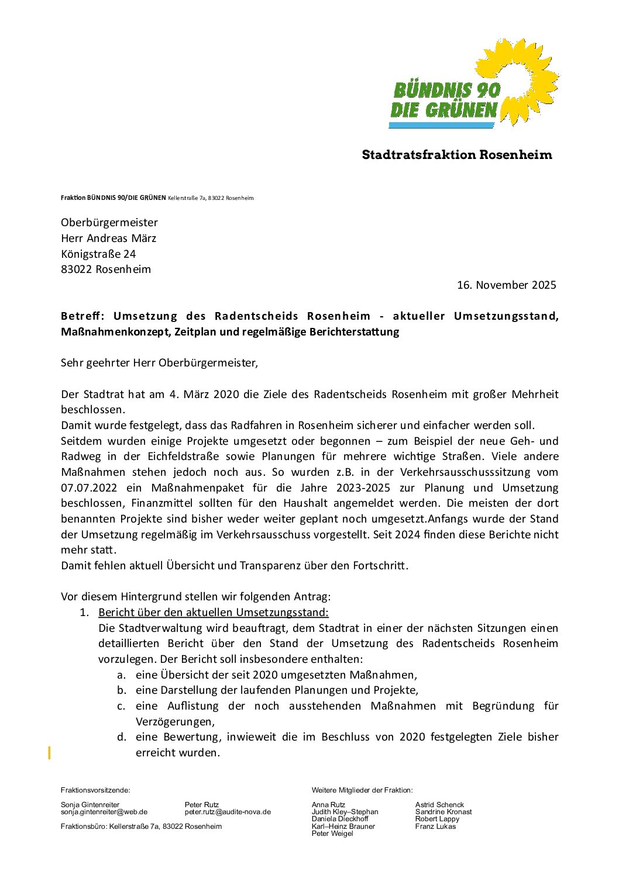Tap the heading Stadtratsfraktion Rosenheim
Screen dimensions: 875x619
click(x=456, y=155)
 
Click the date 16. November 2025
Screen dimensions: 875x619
click(x=506, y=285)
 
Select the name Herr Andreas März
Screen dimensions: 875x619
click(x=108, y=238)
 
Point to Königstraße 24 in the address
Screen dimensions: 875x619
click(x=98, y=254)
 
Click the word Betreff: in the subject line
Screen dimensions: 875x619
click(x=82, y=316)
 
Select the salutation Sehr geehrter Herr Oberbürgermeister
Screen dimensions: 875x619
click(x=159, y=363)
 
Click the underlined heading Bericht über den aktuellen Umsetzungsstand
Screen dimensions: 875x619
click(x=214, y=613)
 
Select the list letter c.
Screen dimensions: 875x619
click(x=121, y=706)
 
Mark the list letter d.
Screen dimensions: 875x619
click(x=121, y=737)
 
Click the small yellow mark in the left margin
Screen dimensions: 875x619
click(x=49, y=752)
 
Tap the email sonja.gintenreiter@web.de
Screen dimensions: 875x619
click(x=104, y=812)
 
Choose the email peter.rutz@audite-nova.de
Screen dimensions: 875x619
click(x=228, y=812)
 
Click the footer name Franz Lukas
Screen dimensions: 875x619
click(x=435, y=826)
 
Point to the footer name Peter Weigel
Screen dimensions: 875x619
click(x=332, y=834)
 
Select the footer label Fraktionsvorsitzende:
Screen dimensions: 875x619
click(x=95, y=790)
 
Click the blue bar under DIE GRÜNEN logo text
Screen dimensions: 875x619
click(x=442, y=125)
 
